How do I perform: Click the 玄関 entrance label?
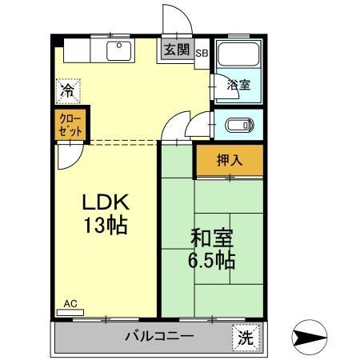tap(177, 50)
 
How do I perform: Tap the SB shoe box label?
tap(202, 54)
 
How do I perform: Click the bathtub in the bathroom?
tap(238, 57)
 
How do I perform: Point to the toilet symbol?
tap(239, 125)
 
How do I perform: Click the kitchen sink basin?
tap(119, 52)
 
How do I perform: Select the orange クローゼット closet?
tap(70, 126)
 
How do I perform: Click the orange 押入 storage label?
tap(229, 159)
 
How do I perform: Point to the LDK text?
tap(105, 202)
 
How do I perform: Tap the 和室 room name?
tap(211, 238)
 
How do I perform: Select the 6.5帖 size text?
tap(211, 260)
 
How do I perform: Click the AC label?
tap(70, 305)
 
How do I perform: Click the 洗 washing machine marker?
tap(246, 337)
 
